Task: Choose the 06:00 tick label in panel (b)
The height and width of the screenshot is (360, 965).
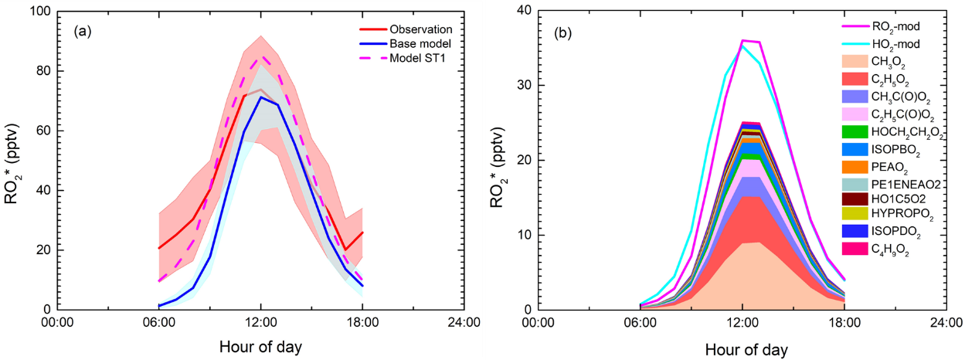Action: pyautogui.click(x=639, y=322)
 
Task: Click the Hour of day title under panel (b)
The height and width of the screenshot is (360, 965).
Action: pyautogui.click(x=742, y=349)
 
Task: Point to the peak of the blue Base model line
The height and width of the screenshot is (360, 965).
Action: pyautogui.click(x=261, y=97)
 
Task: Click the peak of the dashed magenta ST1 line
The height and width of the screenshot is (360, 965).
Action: pyautogui.click(x=261, y=56)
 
